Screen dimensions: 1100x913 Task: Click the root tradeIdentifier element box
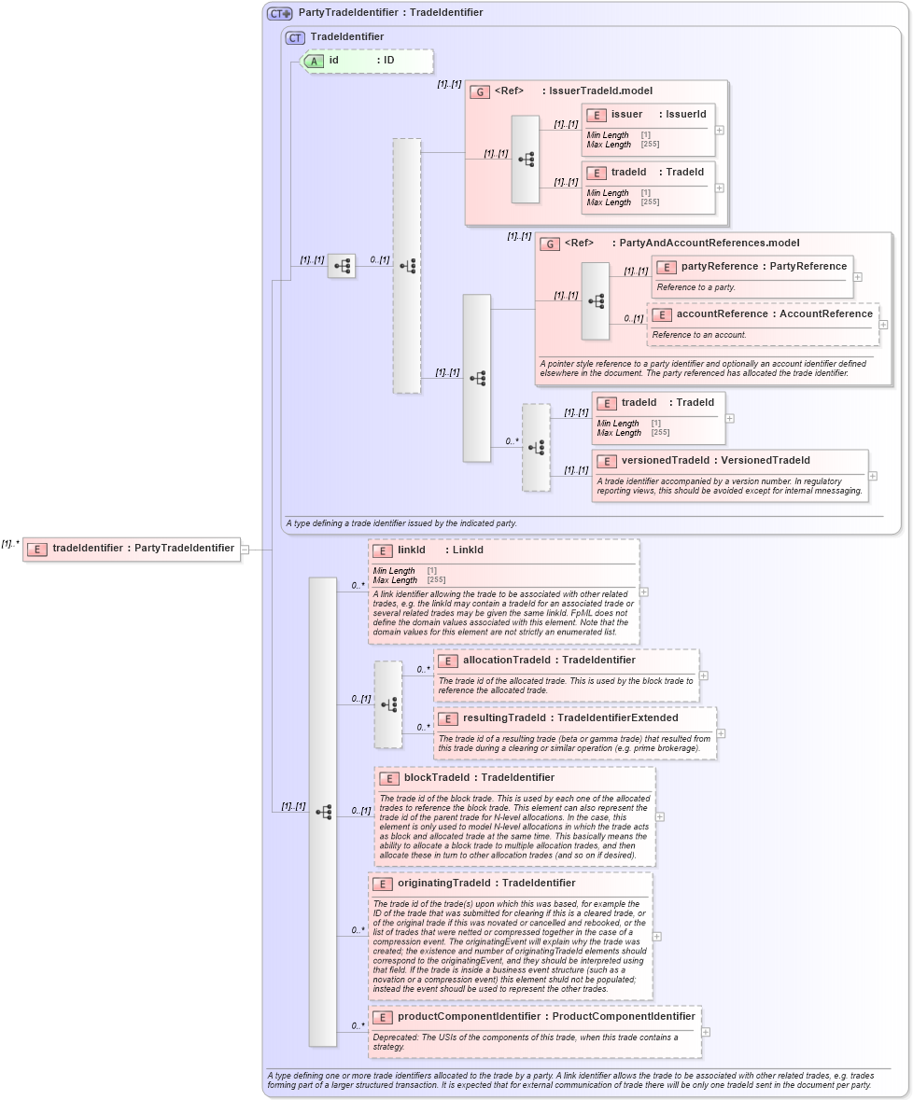(131, 549)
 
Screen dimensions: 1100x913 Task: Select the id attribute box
(366, 61)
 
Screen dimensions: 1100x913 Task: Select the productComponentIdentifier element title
(545, 1017)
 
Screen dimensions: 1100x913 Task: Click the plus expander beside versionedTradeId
(873, 476)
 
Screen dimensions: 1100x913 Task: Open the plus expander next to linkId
(644, 592)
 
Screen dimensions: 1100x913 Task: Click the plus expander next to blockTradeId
(660, 816)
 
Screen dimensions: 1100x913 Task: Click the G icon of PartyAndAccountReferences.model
(550, 244)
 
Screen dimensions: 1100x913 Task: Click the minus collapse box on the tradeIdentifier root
(245, 550)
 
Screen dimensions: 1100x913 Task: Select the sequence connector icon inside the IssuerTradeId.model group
(526, 160)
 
